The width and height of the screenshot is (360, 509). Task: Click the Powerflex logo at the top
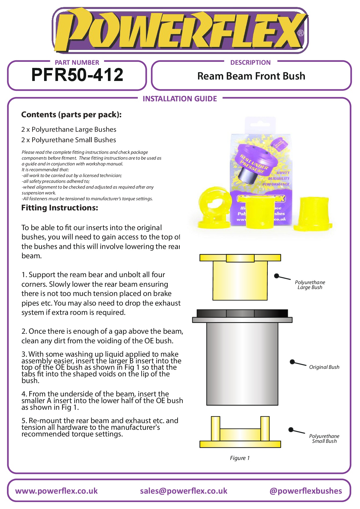click(180, 30)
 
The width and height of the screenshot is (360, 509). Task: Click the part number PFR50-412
click(77, 75)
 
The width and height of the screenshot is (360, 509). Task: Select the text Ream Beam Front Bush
click(251, 76)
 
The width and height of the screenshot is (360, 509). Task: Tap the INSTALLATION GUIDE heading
click(180, 99)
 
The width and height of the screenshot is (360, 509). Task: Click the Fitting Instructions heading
click(59, 208)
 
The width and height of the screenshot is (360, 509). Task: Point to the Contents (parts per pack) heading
click(71, 115)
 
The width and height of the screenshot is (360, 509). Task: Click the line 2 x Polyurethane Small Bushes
click(68, 140)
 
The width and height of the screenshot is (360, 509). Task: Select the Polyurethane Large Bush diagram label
click(310, 285)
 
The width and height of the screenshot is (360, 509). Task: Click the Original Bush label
click(324, 367)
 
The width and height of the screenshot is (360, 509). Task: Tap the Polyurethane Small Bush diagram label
click(324, 438)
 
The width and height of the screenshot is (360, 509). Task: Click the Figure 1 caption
click(240, 458)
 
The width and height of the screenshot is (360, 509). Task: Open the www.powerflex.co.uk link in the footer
click(56, 491)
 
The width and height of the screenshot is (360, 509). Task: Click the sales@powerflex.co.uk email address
click(183, 491)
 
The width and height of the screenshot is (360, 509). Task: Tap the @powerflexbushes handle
click(305, 491)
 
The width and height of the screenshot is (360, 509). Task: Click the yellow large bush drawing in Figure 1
click(240, 279)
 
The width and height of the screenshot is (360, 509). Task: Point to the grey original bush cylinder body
click(242, 363)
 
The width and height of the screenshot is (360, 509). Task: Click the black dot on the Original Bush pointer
click(292, 362)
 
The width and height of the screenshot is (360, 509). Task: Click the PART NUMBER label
click(77, 62)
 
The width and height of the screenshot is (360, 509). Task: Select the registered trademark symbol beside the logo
click(301, 33)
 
